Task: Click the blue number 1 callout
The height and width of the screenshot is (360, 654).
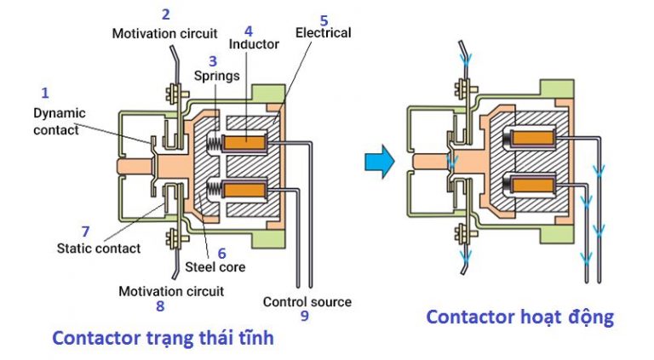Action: tap(45, 92)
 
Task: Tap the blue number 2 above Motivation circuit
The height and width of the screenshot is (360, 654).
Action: tap(165, 14)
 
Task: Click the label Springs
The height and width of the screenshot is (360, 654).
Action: tap(220, 75)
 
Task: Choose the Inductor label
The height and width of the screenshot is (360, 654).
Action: tap(255, 44)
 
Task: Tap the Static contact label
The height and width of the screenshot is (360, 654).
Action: tap(99, 249)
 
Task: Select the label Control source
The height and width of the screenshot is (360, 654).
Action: tap(307, 301)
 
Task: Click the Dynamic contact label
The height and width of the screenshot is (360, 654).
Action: tap(56, 121)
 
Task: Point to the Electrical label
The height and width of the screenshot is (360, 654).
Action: tap(323, 33)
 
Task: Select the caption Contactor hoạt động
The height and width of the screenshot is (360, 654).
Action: tap(519, 317)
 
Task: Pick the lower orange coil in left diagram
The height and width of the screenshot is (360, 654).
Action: tap(250, 186)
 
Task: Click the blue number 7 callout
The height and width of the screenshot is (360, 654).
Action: tap(85, 231)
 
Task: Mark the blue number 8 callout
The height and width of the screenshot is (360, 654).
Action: tap(161, 307)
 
